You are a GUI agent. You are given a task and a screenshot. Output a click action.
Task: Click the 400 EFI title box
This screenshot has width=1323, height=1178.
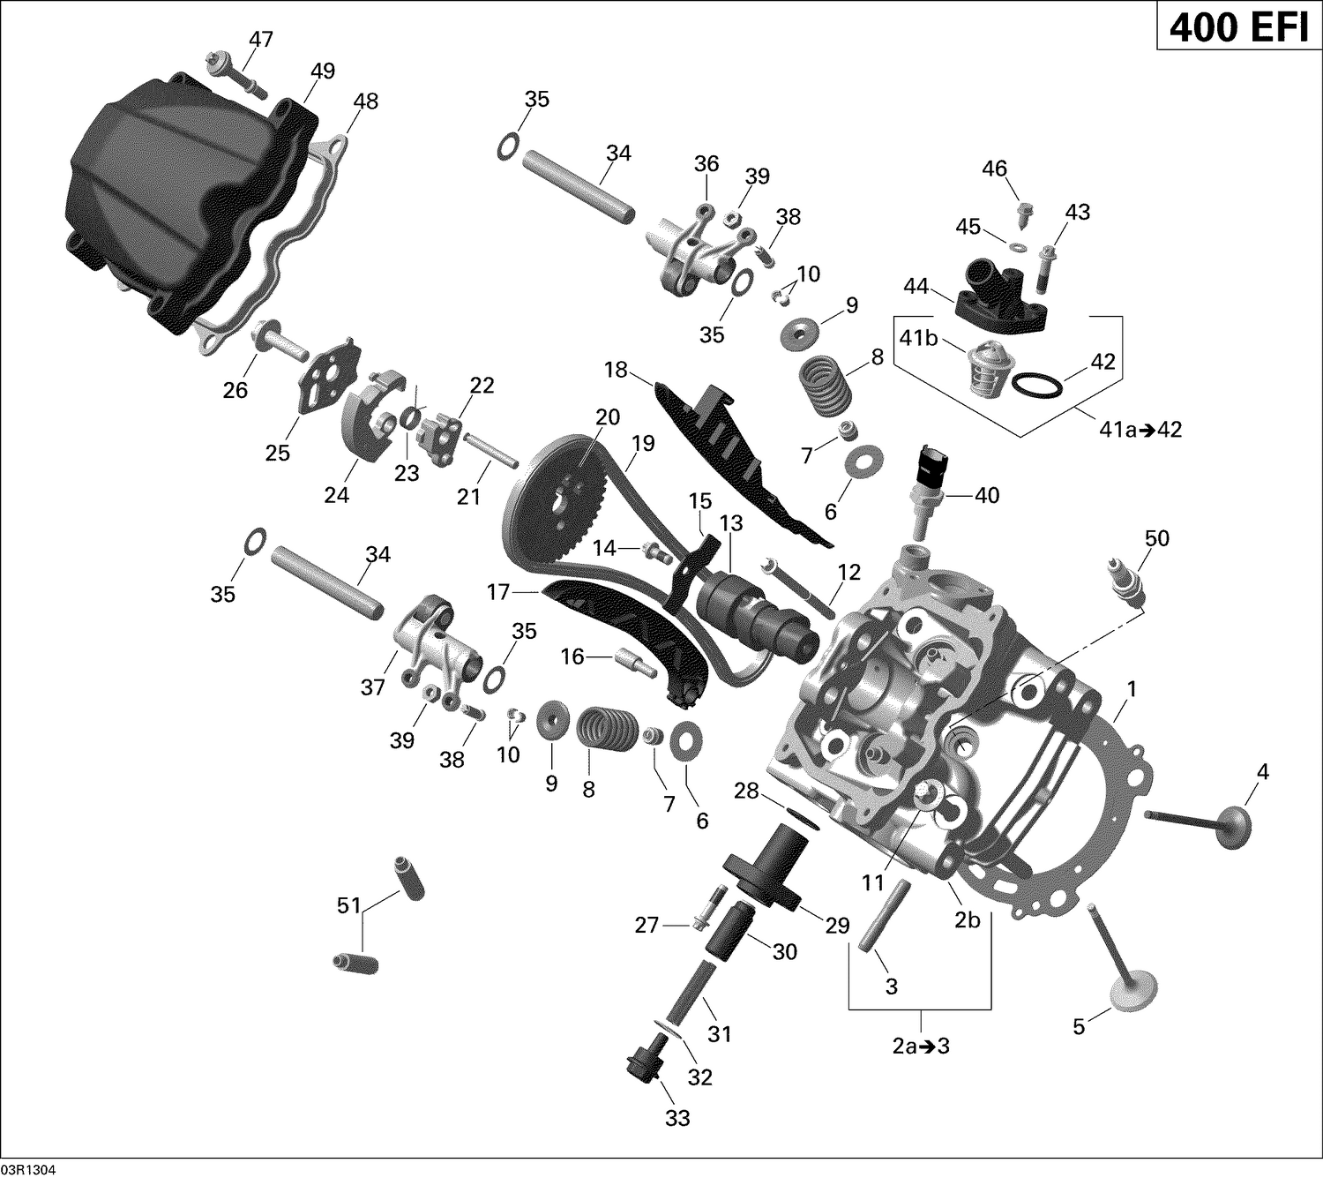tap(1238, 28)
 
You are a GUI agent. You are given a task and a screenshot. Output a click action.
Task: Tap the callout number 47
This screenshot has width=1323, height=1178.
tap(261, 40)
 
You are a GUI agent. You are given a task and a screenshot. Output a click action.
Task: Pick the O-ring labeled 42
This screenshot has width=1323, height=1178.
tap(1035, 385)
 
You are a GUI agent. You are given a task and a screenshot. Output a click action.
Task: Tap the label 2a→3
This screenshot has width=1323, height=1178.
tap(920, 1047)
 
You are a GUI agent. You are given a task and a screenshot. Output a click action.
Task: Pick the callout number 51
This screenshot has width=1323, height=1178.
tap(349, 905)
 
